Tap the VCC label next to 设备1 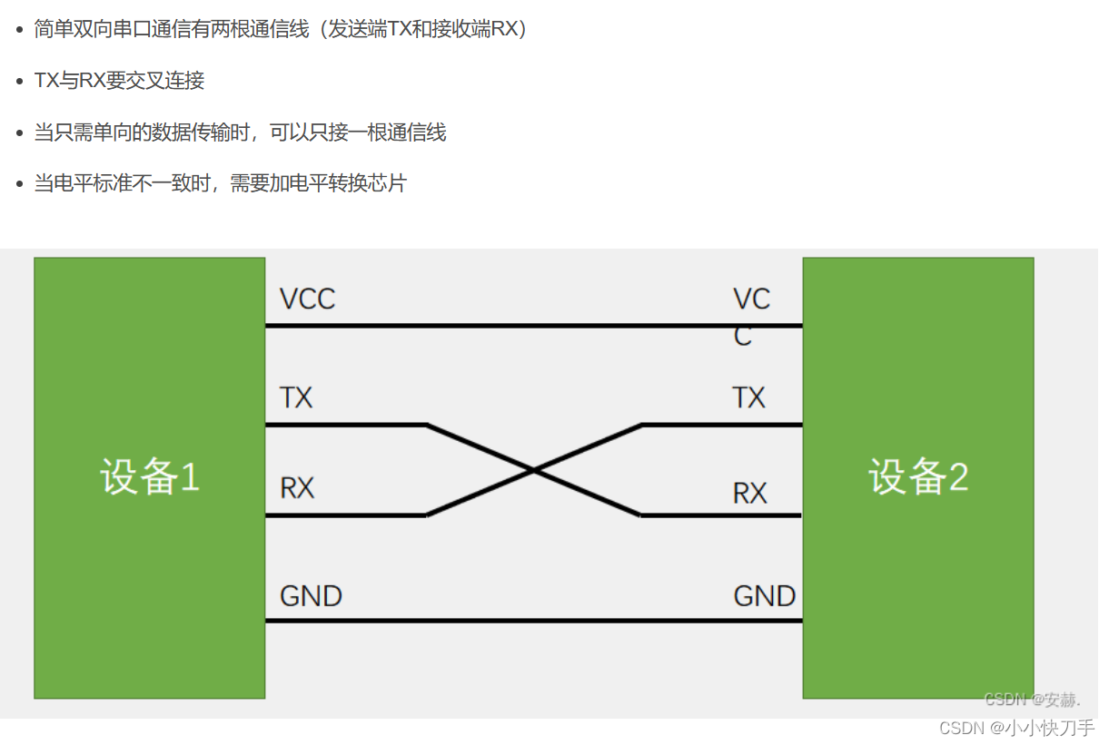pyautogui.click(x=307, y=299)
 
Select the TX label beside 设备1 pyautogui.click(x=296, y=397)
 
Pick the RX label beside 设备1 pyautogui.click(x=296, y=488)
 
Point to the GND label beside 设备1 pyautogui.click(x=311, y=596)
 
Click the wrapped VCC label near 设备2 pyautogui.click(x=750, y=316)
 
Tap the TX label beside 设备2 pyautogui.click(x=748, y=397)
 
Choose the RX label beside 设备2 pyautogui.click(x=749, y=494)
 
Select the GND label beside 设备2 pyautogui.click(x=764, y=596)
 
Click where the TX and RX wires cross pyautogui.click(x=534, y=470)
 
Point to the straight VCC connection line pyautogui.click(x=534, y=325)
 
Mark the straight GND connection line pyautogui.click(x=534, y=621)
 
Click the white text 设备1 pyautogui.click(x=149, y=477)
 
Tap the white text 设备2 pyautogui.click(x=917, y=477)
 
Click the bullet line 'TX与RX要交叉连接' pyautogui.click(x=119, y=81)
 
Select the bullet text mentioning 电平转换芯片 pyautogui.click(x=220, y=183)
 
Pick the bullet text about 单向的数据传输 pyautogui.click(x=240, y=132)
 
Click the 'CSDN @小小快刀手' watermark pyautogui.click(x=1016, y=728)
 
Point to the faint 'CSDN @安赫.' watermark pyautogui.click(x=1033, y=700)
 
